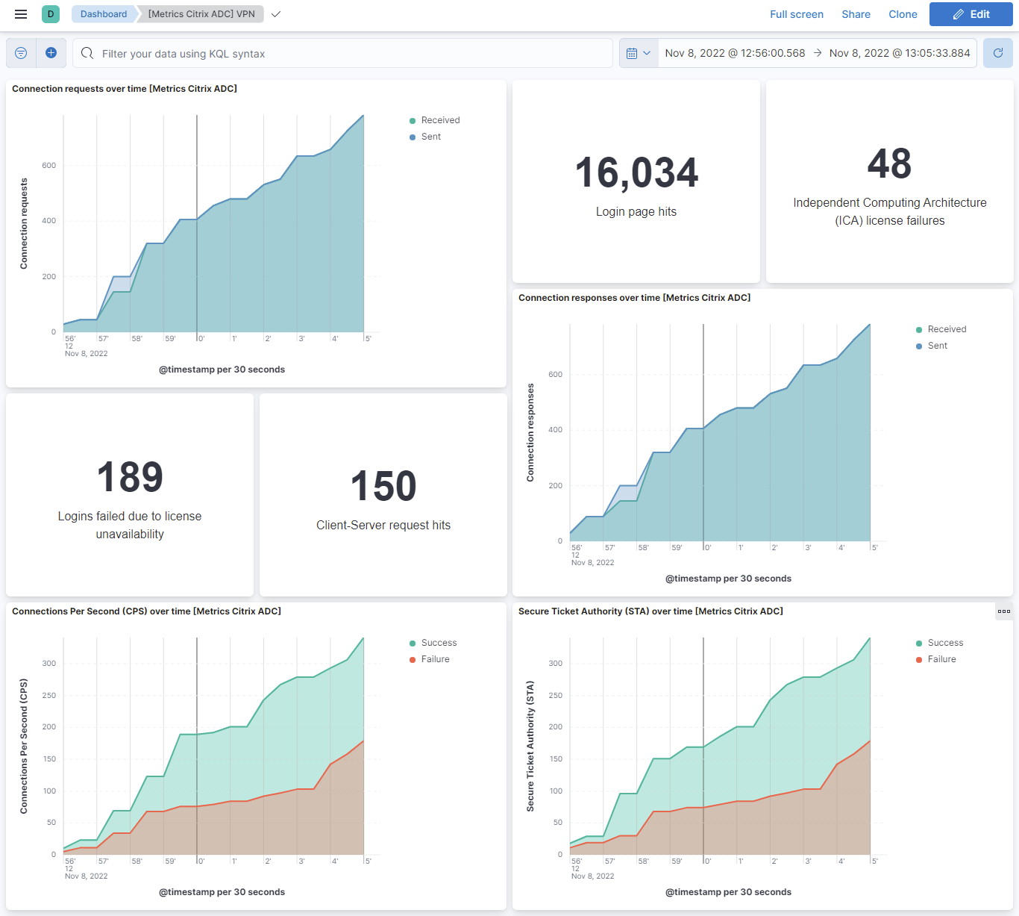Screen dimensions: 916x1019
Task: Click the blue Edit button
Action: point(971,14)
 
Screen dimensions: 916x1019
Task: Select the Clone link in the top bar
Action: point(903,14)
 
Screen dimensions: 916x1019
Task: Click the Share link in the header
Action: point(856,14)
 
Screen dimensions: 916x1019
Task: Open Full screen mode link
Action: point(796,14)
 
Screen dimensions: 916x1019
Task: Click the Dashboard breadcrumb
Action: point(104,14)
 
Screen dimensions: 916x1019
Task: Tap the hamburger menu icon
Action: point(21,14)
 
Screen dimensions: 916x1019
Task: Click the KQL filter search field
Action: point(343,54)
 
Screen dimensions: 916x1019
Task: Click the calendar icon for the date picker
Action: point(632,54)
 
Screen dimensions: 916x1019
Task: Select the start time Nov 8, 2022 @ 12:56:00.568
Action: point(735,53)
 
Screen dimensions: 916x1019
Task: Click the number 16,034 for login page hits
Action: point(636,173)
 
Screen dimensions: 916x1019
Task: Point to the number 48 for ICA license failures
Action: point(889,164)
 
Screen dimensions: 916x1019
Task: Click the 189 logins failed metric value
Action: point(130,478)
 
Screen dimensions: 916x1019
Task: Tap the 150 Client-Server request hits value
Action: point(383,487)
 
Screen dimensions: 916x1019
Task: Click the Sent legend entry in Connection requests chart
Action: point(430,137)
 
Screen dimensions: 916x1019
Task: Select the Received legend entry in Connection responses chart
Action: point(946,329)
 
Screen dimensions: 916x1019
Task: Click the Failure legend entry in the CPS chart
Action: point(435,659)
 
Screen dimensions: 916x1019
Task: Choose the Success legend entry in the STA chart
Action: point(945,643)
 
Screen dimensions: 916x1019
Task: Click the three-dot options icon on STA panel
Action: point(1004,611)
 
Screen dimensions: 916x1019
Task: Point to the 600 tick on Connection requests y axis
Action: point(48,166)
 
